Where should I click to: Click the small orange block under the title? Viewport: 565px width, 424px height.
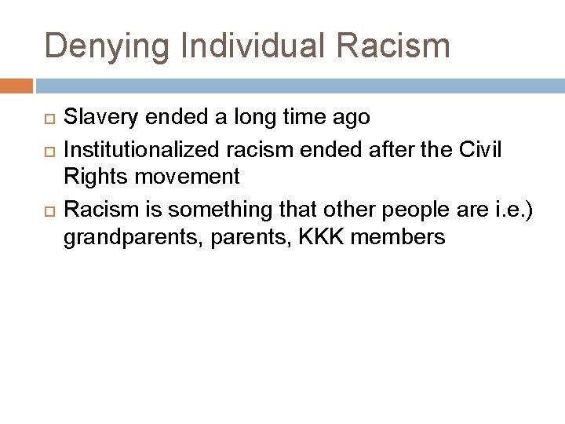[x=16, y=85]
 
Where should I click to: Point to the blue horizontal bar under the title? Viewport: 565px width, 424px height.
[x=298, y=85]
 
